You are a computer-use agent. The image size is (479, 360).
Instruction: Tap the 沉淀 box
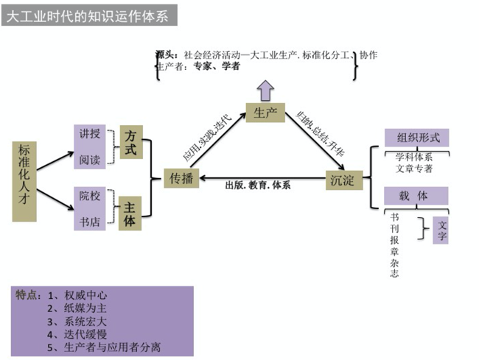[x=344, y=180]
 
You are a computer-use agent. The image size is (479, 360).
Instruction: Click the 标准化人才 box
[x=24, y=180]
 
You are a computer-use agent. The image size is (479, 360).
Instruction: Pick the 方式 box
[x=130, y=143]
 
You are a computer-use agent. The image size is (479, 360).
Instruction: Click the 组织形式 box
[x=417, y=138]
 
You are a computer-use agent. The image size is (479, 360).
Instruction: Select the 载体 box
[x=416, y=197]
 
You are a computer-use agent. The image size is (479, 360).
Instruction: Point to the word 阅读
[x=89, y=158]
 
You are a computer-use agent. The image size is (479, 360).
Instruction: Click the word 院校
[x=89, y=197]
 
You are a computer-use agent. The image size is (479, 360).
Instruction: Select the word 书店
[x=89, y=221]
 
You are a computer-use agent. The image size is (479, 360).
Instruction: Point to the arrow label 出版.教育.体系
[x=257, y=186]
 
